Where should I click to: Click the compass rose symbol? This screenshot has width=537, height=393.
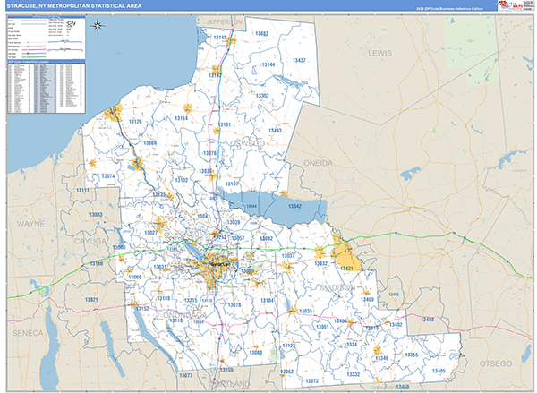tap(98, 24)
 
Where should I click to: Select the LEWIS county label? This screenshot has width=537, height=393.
tap(380, 54)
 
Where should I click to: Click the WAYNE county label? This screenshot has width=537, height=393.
tap(30, 222)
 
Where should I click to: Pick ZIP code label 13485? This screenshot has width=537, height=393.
tap(438, 371)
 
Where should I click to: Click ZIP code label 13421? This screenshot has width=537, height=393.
tap(350, 269)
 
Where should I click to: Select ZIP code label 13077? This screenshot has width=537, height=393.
tap(185, 374)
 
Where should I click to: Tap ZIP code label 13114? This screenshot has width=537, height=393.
tap(182, 117)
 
